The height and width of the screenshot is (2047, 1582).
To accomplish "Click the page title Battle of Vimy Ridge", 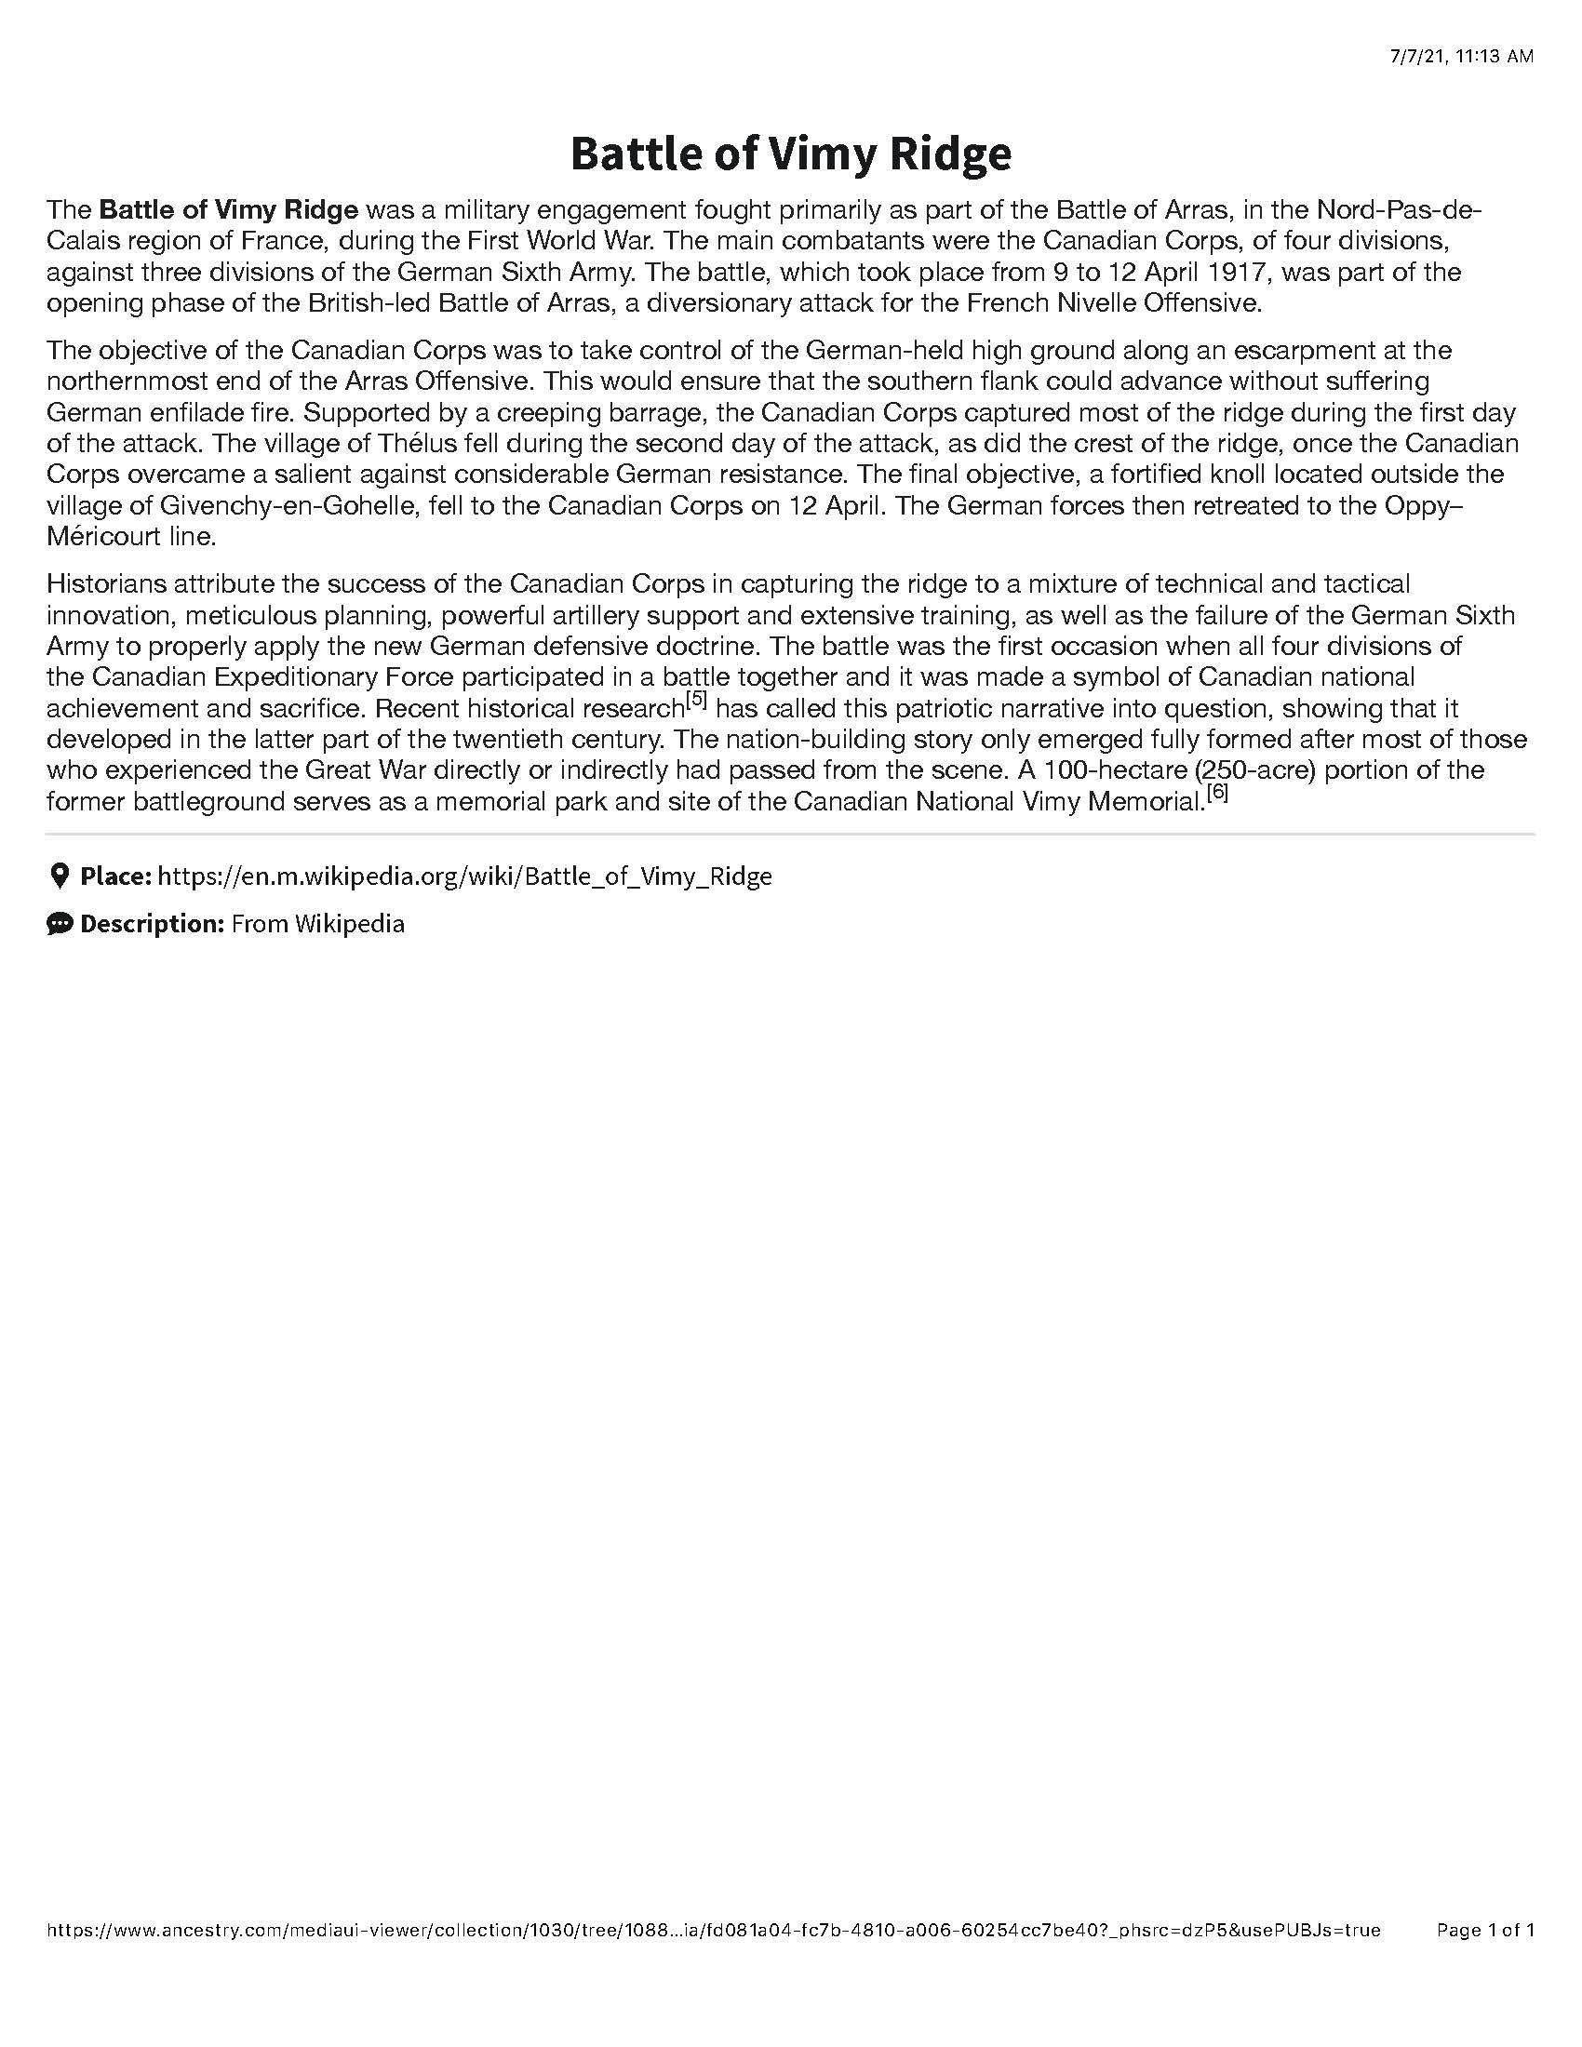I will (790, 154).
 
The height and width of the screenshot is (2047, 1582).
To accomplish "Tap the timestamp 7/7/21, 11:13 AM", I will (1461, 56).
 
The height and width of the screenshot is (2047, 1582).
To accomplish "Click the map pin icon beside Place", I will (59, 876).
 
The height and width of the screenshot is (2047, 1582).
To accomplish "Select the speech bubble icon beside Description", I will (59, 924).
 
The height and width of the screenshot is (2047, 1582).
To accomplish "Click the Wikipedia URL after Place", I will (465, 876).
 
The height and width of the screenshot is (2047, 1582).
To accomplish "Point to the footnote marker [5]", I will (695, 699).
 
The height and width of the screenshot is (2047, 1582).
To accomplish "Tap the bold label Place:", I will (115, 876).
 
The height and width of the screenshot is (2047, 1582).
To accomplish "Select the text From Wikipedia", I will (317, 924).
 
